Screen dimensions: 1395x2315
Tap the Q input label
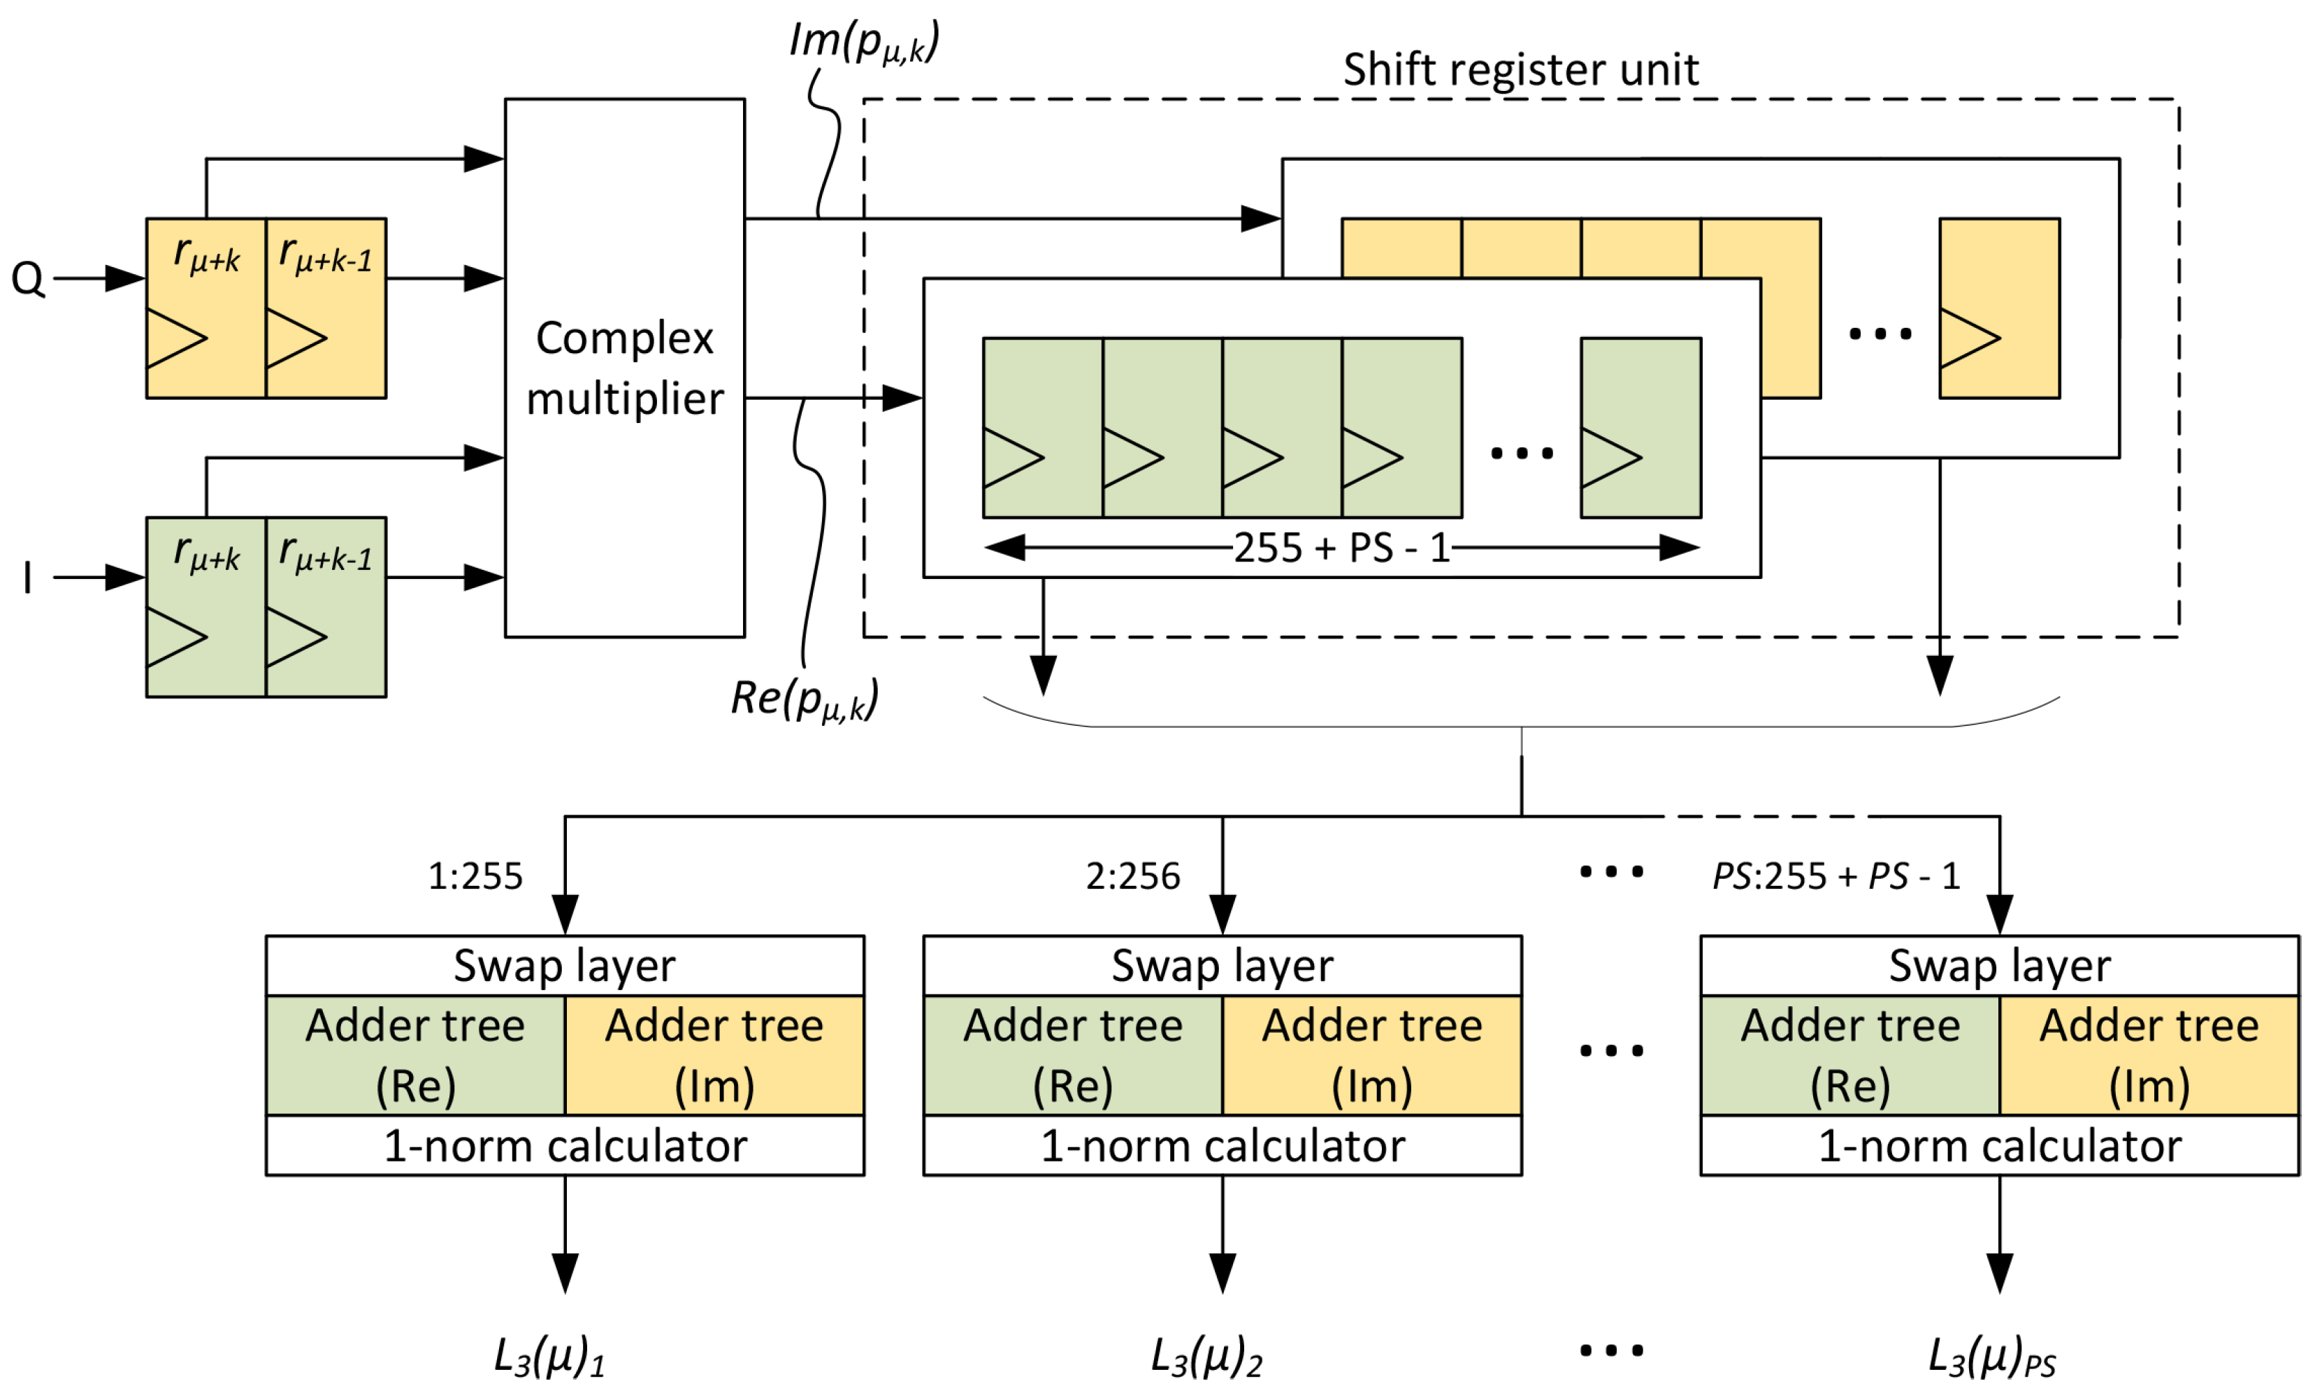pos(27,279)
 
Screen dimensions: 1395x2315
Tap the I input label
pos(27,577)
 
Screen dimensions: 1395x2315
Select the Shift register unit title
pos(1520,69)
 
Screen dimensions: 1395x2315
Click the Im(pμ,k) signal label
pos(863,42)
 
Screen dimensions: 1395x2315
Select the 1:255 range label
pos(475,876)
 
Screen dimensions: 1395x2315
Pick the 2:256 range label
pos(1133,876)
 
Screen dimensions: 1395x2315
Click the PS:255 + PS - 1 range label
pos(1836,876)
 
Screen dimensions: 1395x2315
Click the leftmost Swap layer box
pos(565,966)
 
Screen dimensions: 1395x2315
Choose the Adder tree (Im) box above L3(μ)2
pos(1371,1054)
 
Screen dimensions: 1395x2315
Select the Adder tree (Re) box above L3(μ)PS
pos(1850,1054)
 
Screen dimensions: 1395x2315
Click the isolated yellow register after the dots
pos(1999,308)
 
